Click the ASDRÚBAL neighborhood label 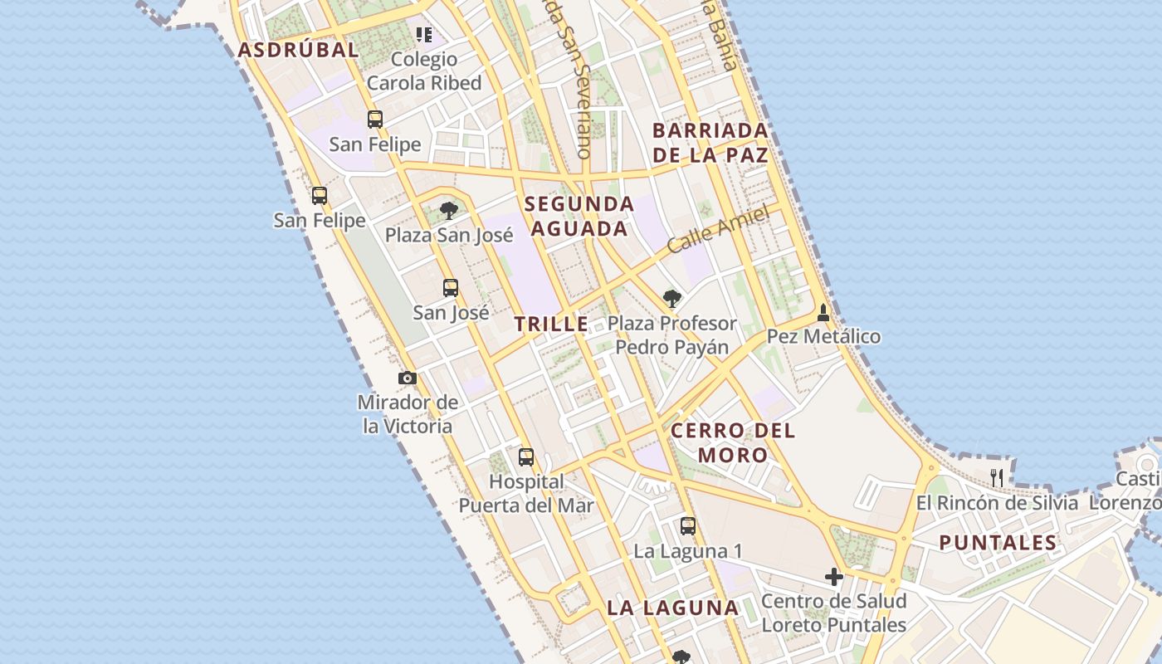coord(298,50)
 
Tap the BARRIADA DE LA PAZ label coord(710,143)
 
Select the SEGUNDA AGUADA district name coord(579,216)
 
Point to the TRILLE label coord(551,325)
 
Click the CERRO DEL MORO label coord(733,442)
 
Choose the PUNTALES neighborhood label coord(998,544)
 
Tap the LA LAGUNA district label coord(672,608)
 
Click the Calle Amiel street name coord(718,230)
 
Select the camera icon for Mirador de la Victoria coord(408,378)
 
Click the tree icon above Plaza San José coord(449,210)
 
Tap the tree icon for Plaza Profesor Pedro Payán coord(672,298)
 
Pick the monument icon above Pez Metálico coord(823,313)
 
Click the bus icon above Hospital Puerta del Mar coord(526,457)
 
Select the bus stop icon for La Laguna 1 coord(688,525)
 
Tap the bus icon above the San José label coord(451,288)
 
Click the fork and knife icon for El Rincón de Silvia coord(997,477)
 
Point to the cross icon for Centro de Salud coord(834,576)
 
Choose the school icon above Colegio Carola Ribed coord(424,35)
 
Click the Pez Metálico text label coord(823,337)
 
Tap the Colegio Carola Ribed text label coord(424,71)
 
